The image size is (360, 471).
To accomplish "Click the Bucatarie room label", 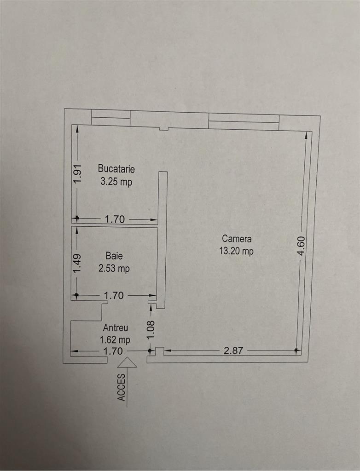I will [116, 169].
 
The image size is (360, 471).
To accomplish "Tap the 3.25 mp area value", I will [116, 182].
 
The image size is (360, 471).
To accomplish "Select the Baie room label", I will [114, 256].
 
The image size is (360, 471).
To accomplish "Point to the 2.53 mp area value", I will [114, 269].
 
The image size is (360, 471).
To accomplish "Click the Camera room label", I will [237, 239].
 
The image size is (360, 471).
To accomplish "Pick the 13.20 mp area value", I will [237, 252].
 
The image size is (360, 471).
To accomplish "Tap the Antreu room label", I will [115, 328].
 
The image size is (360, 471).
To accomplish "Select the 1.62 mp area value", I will [115, 340].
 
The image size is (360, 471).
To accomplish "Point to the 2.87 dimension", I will [233, 351].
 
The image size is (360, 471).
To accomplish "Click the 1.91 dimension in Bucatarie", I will [77, 174].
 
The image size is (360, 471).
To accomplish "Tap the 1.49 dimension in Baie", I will [77, 263].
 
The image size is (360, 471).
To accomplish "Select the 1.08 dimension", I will [151, 330].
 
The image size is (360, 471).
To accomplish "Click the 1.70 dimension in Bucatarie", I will [115, 219].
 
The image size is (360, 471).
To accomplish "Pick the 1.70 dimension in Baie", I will [115, 295].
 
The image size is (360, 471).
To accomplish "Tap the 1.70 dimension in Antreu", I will [113, 351].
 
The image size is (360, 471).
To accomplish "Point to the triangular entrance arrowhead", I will [127, 363].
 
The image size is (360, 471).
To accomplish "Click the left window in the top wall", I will [110, 118].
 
